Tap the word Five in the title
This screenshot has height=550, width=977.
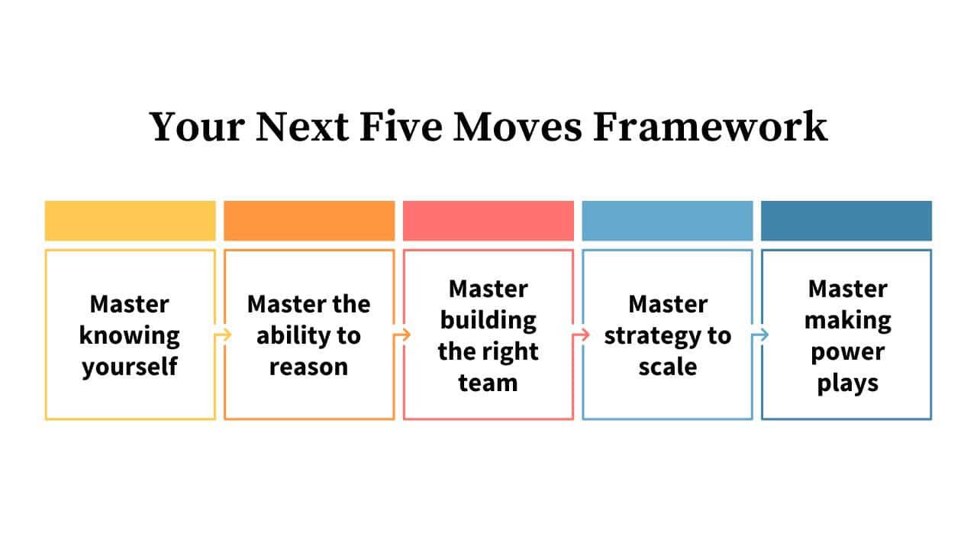click(x=401, y=127)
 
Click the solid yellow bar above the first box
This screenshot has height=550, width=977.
click(x=130, y=221)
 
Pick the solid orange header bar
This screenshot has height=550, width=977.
click(x=309, y=221)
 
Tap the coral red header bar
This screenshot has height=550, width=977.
click(x=488, y=221)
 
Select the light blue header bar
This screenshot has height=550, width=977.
click(x=667, y=221)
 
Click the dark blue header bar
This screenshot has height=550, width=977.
click(x=846, y=221)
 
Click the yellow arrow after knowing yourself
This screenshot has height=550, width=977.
click(x=223, y=335)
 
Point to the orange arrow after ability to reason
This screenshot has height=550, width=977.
click(x=402, y=335)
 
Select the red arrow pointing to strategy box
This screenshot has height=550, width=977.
click(x=582, y=335)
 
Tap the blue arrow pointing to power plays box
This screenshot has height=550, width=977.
click(x=760, y=335)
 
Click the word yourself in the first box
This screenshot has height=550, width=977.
click(x=130, y=367)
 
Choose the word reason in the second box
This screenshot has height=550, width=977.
click(x=309, y=367)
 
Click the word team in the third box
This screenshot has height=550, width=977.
click(x=488, y=383)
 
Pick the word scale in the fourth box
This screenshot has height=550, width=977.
click(x=667, y=367)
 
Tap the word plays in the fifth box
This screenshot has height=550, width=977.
click(x=847, y=383)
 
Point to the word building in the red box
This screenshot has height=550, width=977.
click(x=488, y=320)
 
